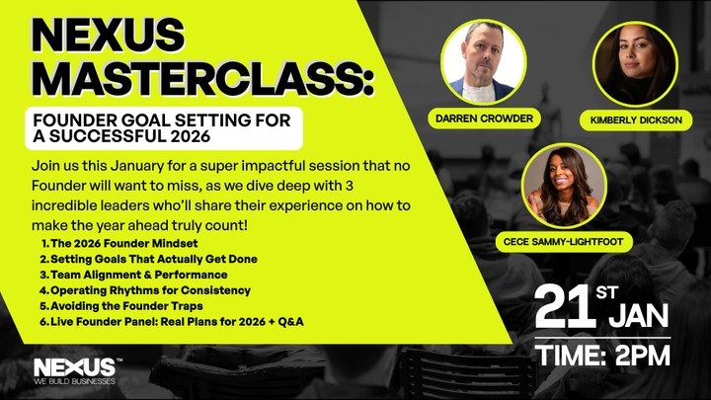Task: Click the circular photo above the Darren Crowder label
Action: click(483, 61)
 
